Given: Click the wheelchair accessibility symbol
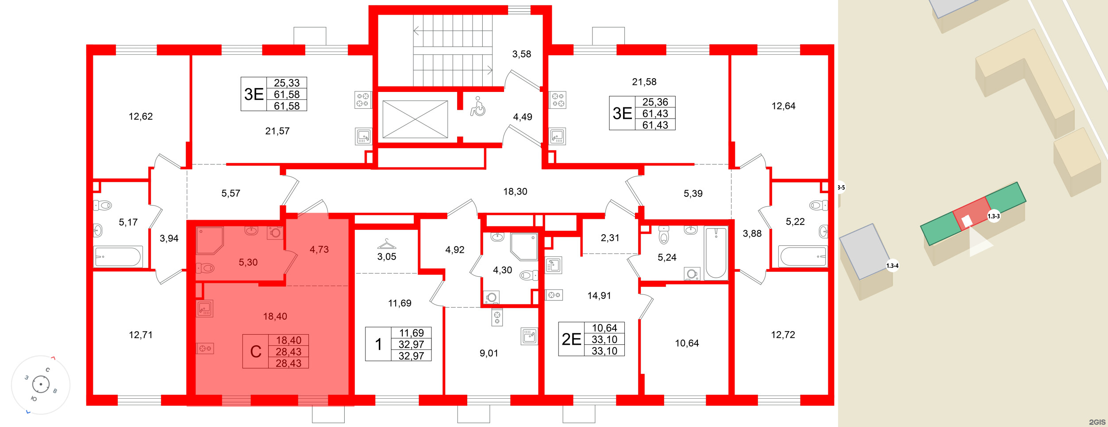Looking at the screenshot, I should pyautogui.click(x=477, y=107).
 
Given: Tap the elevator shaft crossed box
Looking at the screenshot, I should pyautogui.click(x=415, y=119).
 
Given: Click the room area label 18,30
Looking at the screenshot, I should pyautogui.click(x=515, y=191).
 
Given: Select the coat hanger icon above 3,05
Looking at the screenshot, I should pyautogui.click(x=387, y=244).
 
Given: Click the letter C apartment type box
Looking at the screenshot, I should pyautogui.click(x=255, y=351).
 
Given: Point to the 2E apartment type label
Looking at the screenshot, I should pyautogui.click(x=571, y=339).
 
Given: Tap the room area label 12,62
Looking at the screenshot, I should pyautogui.click(x=141, y=116).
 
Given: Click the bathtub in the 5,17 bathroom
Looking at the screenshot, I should pyautogui.click(x=118, y=256).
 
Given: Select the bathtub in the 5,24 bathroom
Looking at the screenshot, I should pyautogui.click(x=715, y=253).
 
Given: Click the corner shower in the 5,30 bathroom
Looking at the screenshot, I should pyautogui.click(x=209, y=240).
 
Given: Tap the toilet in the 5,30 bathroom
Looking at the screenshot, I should pyautogui.click(x=205, y=268).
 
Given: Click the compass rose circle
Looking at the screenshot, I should pyautogui.click(x=41, y=384).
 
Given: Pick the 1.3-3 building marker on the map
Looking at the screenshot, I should pyautogui.click(x=993, y=216).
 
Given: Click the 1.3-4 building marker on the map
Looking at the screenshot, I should pyautogui.click(x=892, y=266).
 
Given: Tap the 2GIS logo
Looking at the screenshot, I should pyautogui.click(x=1097, y=422).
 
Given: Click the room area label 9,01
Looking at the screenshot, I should pyautogui.click(x=489, y=353).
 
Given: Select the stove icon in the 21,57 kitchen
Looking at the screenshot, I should pyautogui.click(x=363, y=100).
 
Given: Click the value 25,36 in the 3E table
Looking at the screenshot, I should pyautogui.click(x=655, y=102).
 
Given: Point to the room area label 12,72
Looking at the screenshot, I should pyautogui.click(x=783, y=335).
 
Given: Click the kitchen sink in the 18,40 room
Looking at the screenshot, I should pyautogui.click(x=205, y=308).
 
